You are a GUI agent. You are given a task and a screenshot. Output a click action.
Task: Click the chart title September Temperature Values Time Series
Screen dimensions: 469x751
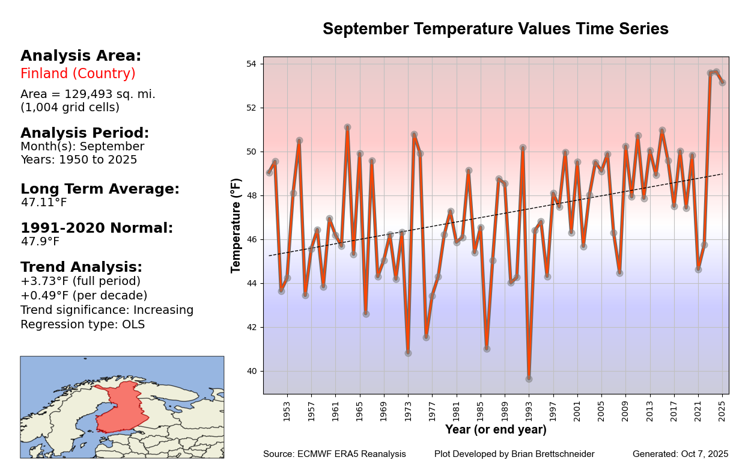point(495,29)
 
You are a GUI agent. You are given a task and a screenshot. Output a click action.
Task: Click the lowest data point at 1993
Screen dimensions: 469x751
point(529,379)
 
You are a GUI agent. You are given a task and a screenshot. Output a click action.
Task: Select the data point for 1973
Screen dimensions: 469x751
point(408,353)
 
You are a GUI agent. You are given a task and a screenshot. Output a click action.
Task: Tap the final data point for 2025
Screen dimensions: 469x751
point(722,82)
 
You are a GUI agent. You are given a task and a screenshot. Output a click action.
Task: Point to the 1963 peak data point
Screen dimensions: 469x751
point(347,127)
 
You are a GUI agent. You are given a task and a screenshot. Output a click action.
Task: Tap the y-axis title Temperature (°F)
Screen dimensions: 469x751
point(236,225)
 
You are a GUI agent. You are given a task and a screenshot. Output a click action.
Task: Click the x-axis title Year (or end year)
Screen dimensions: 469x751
point(496,430)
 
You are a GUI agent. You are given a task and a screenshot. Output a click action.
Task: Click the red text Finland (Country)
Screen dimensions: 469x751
point(78,74)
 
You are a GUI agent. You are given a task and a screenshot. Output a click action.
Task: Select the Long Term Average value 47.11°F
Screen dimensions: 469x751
point(44,203)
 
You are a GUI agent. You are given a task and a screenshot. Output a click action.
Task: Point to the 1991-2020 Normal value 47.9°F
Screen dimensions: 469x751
point(40,242)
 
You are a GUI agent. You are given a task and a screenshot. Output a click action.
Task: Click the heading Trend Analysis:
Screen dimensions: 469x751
point(81,268)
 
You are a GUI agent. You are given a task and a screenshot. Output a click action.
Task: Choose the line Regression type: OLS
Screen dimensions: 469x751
point(82,325)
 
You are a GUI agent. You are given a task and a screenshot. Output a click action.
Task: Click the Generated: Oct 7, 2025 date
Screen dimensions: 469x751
point(680,455)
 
